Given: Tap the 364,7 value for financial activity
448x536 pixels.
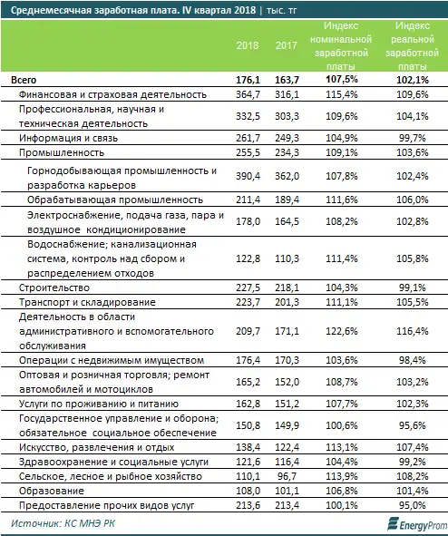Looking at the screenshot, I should pyautogui.click(x=246, y=94).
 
